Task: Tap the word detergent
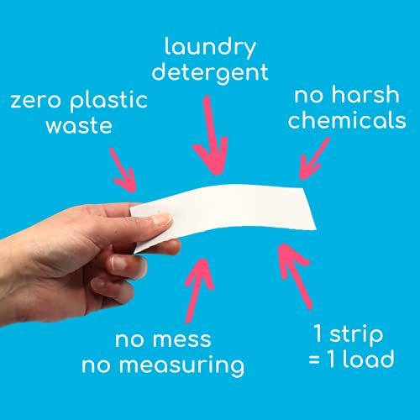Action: pos(211,74)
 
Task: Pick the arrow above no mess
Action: pos(199,285)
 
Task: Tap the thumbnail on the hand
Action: pos(159,220)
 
